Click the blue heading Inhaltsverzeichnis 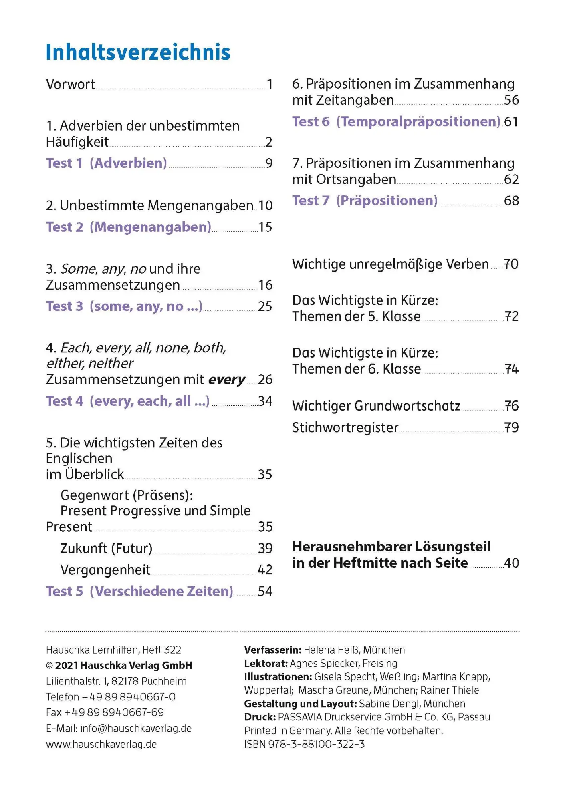tap(138, 52)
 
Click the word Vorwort tap(71, 85)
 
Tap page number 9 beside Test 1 tap(269, 163)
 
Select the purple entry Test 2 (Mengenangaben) tap(128, 227)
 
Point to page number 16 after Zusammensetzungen tap(265, 285)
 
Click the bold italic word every tap(227, 380)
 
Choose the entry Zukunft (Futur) tap(106, 548)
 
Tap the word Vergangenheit tap(105, 570)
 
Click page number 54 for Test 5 tap(265, 591)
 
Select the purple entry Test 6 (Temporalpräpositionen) tap(396, 121)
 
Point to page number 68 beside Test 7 tap(511, 201)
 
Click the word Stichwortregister tap(345, 428)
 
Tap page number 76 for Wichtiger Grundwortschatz tap(511, 406)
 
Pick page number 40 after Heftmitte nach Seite tap(511, 563)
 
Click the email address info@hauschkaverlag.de tap(136, 728)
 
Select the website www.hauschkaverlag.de tap(101, 744)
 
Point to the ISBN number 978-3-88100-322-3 tap(317, 744)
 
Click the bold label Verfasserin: tap(272, 650)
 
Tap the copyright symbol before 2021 tap(50, 666)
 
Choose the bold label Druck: tap(260, 717)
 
